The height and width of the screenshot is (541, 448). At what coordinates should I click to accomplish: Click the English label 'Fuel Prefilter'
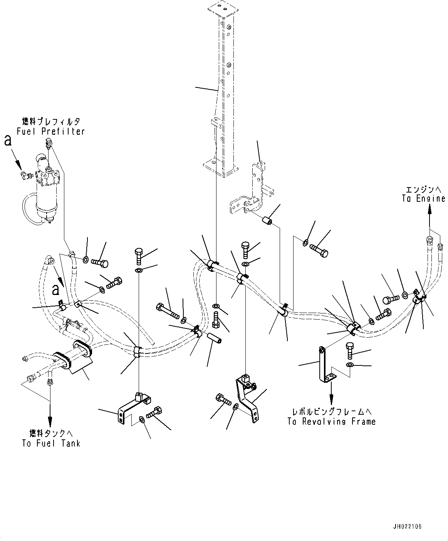click(51, 131)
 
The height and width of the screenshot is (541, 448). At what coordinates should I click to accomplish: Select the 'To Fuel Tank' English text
click(51, 443)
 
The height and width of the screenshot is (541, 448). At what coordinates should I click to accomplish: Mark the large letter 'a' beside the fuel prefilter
click(8, 141)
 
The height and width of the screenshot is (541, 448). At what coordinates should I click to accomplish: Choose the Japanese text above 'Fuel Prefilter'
click(51, 122)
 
